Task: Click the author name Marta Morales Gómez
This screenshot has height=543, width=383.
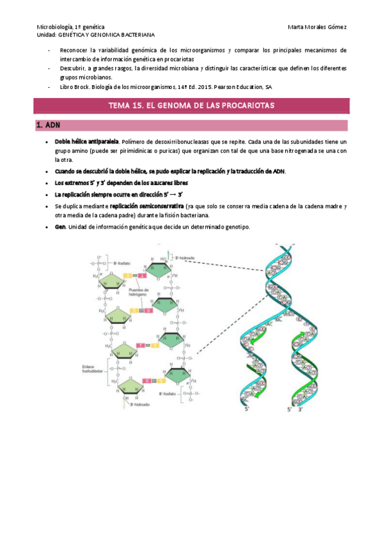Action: pos(317,26)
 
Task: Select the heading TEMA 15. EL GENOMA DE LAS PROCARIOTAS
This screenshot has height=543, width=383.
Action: pos(191,106)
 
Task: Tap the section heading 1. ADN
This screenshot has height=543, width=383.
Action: pos(49,126)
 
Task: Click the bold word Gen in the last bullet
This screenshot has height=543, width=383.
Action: pos(61,228)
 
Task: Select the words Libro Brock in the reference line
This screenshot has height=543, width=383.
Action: pos(75,86)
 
